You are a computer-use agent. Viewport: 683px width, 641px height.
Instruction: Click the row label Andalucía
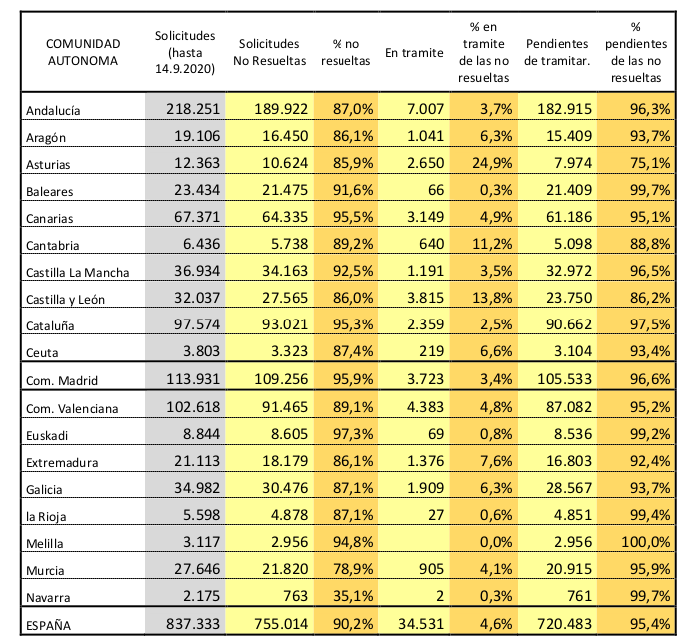pyautogui.click(x=53, y=111)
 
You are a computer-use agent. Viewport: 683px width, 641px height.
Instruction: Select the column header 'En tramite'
pyautogui.click(x=414, y=53)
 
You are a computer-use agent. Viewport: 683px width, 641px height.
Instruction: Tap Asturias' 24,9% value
pyautogui.click(x=492, y=163)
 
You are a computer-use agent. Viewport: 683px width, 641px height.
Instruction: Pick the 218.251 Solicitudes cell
pyautogui.click(x=193, y=109)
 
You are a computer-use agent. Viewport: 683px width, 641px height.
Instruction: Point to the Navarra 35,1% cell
pyautogui.click(x=352, y=596)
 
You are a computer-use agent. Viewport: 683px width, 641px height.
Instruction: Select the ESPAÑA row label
pyautogui.click(x=48, y=626)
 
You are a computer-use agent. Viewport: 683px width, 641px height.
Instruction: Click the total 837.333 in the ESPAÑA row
pyautogui.click(x=193, y=624)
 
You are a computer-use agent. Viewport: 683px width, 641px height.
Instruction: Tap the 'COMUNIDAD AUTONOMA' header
pyautogui.click(x=83, y=52)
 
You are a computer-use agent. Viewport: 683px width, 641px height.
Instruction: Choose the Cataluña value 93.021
pyautogui.click(x=285, y=324)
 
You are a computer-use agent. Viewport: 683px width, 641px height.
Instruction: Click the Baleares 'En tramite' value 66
pyautogui.click(x=436, y=190)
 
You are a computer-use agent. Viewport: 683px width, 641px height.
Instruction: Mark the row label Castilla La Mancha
pyautogui.click(x=78, y=273)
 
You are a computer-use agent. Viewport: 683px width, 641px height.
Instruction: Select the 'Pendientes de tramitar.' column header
pyautogui.click(x=557, y=52)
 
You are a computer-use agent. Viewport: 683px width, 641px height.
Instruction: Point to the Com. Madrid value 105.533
pyautogui.click(x=564, y=379)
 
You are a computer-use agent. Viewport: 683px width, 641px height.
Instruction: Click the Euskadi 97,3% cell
pyautogui.click(x=352, y=434)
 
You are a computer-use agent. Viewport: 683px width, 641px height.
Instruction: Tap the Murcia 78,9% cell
pyautogui.click(x=352, y=569)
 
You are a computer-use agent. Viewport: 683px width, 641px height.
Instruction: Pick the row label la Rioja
pyautogui.click(x=46, y=517)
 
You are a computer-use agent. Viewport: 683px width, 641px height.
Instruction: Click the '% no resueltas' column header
pyautogui.click(x=345, y=52)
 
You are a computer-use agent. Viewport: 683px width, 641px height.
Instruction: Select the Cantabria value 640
pyautogui.click(x=431, y=244)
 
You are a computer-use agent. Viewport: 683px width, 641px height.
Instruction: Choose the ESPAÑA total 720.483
pyautogui.click(x=564, y=624)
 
